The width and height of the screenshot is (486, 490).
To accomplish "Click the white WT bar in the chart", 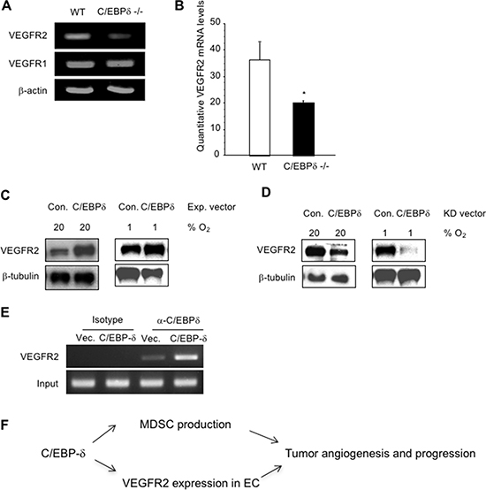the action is tap(260, 108).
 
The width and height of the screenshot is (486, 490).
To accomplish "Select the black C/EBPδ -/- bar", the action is tap(303, 129).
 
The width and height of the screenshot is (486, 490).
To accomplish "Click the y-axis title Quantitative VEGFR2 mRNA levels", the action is tap(201, 76).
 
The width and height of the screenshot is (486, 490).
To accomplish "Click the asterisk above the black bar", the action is tap(303, 93).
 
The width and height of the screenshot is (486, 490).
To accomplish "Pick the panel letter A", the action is tap(6, 6).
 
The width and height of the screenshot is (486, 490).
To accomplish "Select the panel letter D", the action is tap(266, 192).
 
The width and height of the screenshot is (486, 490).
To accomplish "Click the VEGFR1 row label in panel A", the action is tap(27, 64).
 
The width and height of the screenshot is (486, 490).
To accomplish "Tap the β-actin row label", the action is tap(33, 91).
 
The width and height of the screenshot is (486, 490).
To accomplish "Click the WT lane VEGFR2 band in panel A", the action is tap(77, 36).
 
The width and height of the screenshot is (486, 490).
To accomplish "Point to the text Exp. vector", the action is tap(211, 207).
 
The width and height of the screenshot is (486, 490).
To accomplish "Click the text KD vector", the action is tap(465, 214).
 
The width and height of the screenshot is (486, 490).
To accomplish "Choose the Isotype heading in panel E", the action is tap(108, 320).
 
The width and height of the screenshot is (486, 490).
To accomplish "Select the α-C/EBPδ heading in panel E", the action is tap(178, 320).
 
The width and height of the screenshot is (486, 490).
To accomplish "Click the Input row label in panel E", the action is tap(48, 384).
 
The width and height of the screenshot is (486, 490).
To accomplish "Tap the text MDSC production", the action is tap(186, 425).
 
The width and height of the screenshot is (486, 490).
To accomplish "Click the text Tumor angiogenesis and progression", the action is tap(381, 454).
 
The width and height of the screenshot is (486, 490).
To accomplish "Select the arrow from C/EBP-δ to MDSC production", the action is tap(104, 433).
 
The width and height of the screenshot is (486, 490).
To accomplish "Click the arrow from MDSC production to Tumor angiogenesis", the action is tap(264, 437).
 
